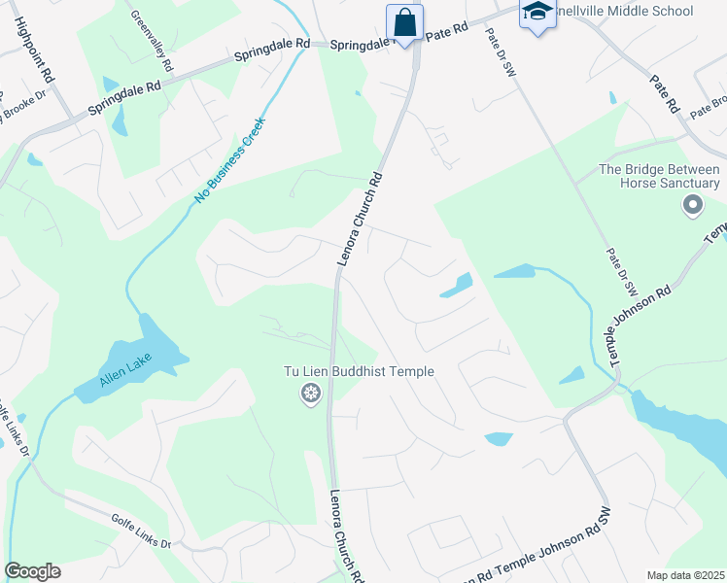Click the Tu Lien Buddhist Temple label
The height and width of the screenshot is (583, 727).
[358, 371]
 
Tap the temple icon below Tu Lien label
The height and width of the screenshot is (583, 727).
[311, 394]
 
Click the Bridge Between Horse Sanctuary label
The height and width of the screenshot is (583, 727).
[660, 176]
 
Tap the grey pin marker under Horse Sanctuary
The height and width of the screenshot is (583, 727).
[692, 204]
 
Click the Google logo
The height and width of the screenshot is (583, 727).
[32, 571]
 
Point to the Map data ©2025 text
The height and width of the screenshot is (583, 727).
[684, 575]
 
